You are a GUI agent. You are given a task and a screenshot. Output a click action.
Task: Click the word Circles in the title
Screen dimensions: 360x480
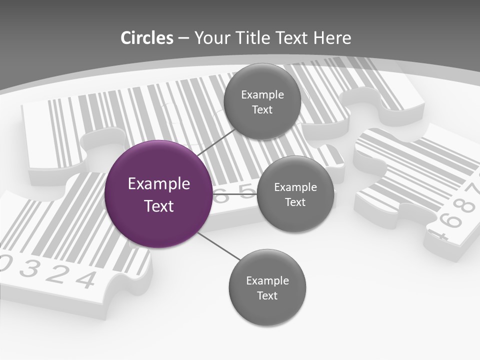146,38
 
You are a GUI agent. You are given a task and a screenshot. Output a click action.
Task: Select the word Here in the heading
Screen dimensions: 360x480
332,38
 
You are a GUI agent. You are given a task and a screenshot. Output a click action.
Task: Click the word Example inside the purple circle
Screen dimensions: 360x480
159,184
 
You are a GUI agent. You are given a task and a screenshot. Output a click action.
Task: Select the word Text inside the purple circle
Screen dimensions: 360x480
159,206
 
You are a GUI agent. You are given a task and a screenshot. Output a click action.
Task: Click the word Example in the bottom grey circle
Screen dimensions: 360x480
267,281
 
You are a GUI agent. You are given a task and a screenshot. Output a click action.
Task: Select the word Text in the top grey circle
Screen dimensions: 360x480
262,110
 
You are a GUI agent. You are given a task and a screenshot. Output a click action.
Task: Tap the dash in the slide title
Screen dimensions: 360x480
183,38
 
